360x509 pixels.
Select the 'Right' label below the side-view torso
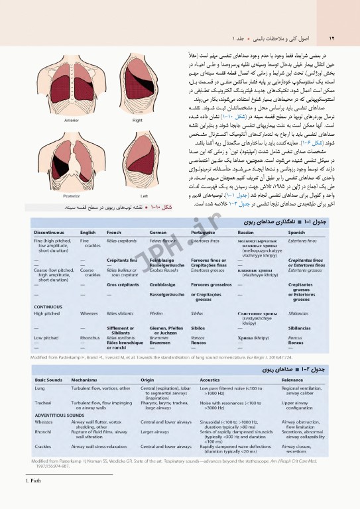click(x=137, y=121)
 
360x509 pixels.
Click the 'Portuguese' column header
click(x=205, y=233)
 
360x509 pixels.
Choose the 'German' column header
click(x=159, y=233)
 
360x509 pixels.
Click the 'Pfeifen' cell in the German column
click(x=156, y=312)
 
